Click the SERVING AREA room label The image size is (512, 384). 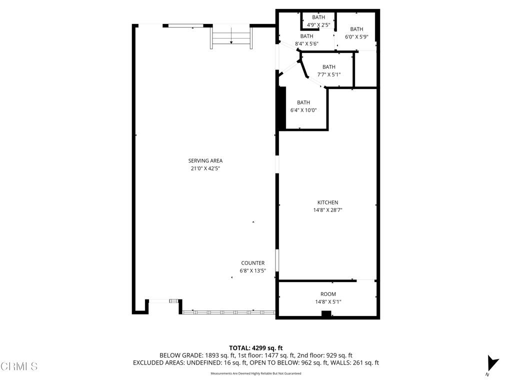[x=205, y=160]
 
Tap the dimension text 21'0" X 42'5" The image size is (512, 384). [x=205, y=169]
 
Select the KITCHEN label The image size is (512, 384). [x=327, y=202]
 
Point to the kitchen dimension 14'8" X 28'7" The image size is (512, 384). [x=327, y=210]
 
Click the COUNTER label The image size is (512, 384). [x=252, y=263]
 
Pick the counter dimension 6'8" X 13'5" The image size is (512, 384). [x=252, y=271]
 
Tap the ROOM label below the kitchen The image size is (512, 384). [x=328, y=294]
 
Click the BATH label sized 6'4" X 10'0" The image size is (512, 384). [x=303, y=102]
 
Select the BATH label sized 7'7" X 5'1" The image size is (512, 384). [x=328, y=67]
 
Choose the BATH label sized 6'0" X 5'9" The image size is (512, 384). [x=356, y=29]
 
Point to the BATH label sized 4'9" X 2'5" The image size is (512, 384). [x=318, y=17]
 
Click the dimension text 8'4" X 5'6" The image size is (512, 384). [x=306, y=44]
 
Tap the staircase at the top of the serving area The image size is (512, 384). [x=231, y=36]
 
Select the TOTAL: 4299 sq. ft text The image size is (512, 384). [x=256, y=347]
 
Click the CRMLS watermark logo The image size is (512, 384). [x=19, y=366]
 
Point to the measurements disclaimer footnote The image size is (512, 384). [x=255, y=373]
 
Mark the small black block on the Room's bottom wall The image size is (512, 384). [x=326, y=314]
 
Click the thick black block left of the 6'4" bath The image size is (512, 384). [x=281, y=108]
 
